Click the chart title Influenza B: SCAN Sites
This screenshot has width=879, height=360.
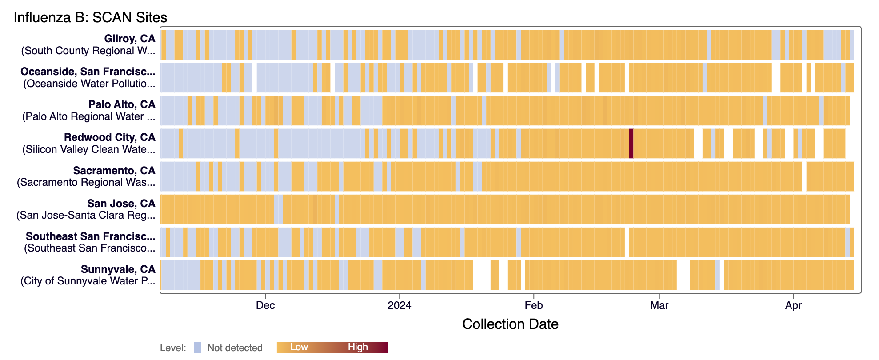click(x=90, y=17)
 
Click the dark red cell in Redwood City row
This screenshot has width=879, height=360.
click(x=631, y=143)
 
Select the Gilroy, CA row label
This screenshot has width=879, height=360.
click(x=129, y=39)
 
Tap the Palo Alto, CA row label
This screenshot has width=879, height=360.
click(x=122, y=104)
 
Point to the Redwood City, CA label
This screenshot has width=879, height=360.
click(x=109, y=137)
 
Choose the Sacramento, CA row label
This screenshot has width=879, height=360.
click(x=114, y=171)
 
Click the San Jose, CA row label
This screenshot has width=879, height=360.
click(x=121, y=204)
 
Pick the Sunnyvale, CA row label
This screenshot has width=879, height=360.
click(x=118, y=269)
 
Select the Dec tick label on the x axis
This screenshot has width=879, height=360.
click(x=265, y=306)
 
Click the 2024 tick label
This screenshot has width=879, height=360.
click(x=399, y=306)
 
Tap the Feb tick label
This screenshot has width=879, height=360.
click(x=533, y=306)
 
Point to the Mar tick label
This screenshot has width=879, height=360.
click(x=659, y=306)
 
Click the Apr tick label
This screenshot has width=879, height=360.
click(x=793, y=306)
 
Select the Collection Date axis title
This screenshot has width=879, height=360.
click(x=510, y=324)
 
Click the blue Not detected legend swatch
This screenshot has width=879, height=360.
click(x=197, y=348)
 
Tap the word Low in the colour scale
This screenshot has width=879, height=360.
click(x=299, y=347)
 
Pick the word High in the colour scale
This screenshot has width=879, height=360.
click(x=358, y=347)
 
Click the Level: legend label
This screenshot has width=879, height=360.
click(x=173, y=348)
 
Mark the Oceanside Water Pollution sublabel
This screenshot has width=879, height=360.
click(x=89, y=84)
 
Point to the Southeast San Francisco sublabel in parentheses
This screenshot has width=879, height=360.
click(x=90, y=248)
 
